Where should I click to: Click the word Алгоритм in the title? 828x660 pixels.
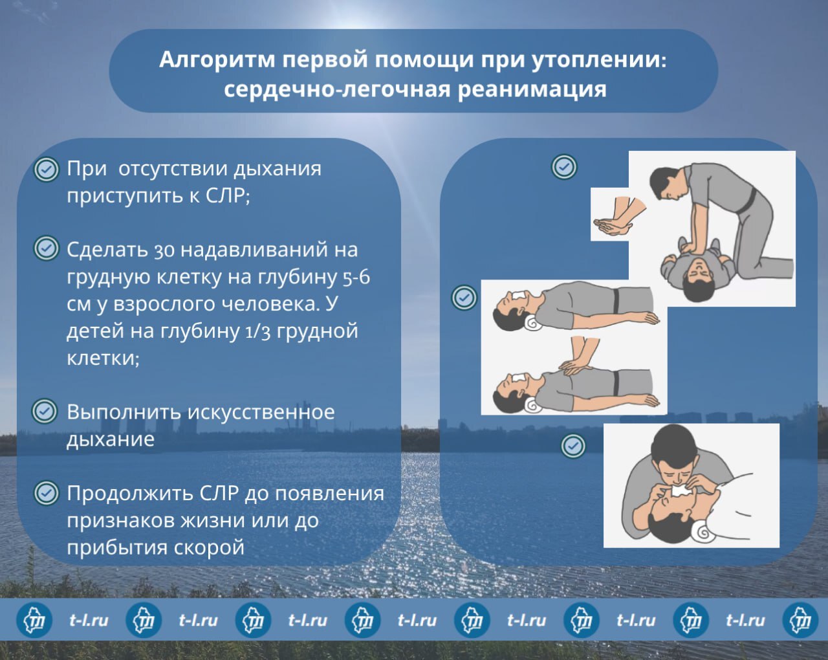(217, 60)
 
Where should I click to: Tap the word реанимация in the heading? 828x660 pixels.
(532, 89)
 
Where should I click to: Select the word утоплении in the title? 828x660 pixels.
(600, 60)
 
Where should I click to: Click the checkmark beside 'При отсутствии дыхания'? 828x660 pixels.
(46, 169)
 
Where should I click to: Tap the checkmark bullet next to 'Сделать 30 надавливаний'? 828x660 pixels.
(46, 248)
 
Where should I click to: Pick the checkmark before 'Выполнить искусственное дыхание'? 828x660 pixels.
(45, 411)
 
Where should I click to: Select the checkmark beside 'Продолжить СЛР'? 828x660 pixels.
(46, 493)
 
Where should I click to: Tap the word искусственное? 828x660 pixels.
(261, 413)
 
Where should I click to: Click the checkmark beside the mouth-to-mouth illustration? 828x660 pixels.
(573, 446)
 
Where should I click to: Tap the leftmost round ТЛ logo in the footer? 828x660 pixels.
(34, 620)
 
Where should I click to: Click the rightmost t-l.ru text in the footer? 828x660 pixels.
(745, 621)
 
